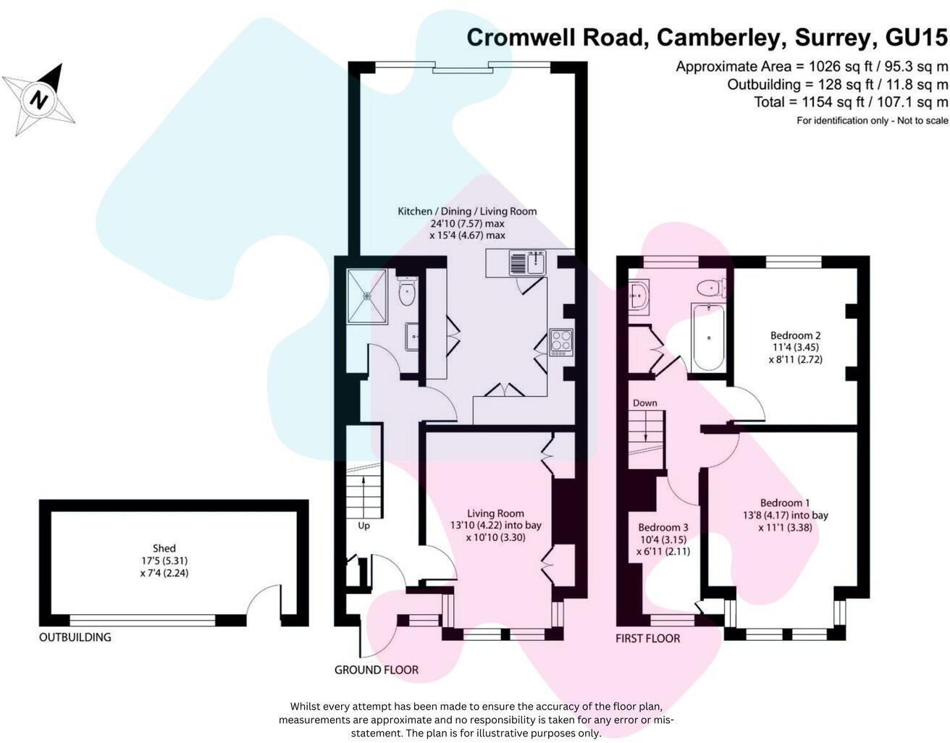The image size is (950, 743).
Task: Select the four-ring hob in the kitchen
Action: pyautogui.click(x=561, y=342)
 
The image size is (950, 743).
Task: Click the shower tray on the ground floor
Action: pyautogui.click(x=366, y=295)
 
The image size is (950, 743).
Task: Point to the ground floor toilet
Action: pyautogui.click(x=407, y=293)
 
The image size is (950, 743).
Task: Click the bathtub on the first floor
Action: pyautogui.click(x=707, y=337)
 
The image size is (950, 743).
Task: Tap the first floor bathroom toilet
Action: pyautogui.click(x=711, y=287)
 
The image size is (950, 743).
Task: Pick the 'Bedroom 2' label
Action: pyautogui.click(x=795, y=335)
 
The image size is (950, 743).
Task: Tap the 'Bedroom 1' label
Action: pyautogui.click(x=785, y=503)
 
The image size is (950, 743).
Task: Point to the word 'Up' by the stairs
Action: pyautogui.click(x=363, y=526)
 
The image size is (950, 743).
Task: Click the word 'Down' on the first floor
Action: pyautogui.click(x=644, y=403)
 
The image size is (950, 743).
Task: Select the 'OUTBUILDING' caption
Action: pyautogui.click(x=75, y=637)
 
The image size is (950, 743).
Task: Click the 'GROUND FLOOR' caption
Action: pyautogui.click(x=376, y=670)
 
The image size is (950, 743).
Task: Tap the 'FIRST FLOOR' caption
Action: pyautogui.click(x=647, y=638)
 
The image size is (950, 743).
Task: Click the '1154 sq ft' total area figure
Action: pyautogui.click(x=824, y=102)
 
